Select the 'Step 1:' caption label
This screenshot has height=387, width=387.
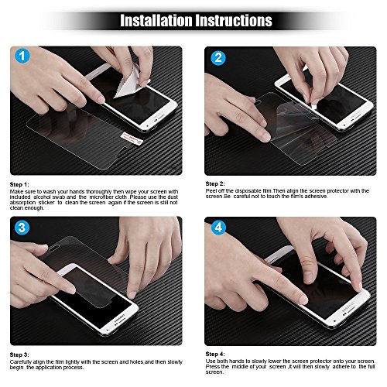pos(20,185)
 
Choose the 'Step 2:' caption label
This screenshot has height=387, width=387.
pos(216,185)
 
